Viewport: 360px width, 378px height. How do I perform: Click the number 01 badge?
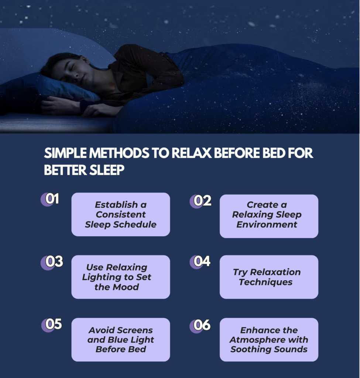(50, 199)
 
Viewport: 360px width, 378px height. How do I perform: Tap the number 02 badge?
(200, 201)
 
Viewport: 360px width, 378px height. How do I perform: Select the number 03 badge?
(52, 262)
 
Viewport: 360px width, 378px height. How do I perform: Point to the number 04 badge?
(200, 262)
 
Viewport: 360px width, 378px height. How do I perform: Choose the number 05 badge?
(52, 324)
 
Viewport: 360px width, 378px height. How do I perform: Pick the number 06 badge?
(200, 326)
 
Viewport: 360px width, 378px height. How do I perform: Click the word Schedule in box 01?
(135, 224)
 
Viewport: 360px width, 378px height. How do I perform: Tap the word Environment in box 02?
(267, 224)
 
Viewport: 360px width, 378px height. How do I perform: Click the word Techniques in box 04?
(266, 282)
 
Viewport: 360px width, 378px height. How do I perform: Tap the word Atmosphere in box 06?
(257, 340)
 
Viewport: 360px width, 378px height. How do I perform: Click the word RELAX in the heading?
(192, 153)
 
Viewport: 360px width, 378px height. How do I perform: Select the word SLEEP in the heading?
(107, 170)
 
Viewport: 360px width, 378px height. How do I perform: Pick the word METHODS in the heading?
(119, 153)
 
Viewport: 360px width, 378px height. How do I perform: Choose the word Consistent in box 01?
(121, 214)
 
